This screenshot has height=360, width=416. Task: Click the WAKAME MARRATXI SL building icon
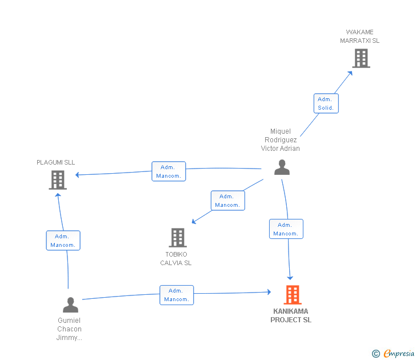361,58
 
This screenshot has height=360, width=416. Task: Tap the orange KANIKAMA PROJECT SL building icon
293,295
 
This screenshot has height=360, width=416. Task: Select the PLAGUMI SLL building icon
58,180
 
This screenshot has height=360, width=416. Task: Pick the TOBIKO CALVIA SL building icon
178,238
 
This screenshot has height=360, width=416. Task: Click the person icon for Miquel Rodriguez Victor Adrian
282,167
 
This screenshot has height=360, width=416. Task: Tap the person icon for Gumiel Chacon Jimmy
70,305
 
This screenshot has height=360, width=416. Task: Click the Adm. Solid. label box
326,103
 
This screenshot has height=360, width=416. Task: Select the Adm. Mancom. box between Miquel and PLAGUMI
169,171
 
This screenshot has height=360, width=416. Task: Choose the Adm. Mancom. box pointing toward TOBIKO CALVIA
227,201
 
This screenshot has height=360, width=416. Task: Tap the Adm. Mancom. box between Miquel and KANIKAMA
286,229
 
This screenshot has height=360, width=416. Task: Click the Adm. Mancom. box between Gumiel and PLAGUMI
63,241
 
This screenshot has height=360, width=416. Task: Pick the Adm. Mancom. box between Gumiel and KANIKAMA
177,295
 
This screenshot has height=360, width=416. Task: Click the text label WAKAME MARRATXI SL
359,37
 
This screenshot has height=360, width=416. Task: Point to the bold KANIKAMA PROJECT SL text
291,316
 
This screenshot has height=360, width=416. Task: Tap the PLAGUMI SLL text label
56,162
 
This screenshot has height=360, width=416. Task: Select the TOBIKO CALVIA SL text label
176,259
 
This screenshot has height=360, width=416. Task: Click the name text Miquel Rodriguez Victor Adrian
281,140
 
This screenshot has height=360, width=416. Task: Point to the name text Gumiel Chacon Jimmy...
69,329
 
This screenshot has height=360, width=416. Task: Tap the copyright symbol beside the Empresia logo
375,354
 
